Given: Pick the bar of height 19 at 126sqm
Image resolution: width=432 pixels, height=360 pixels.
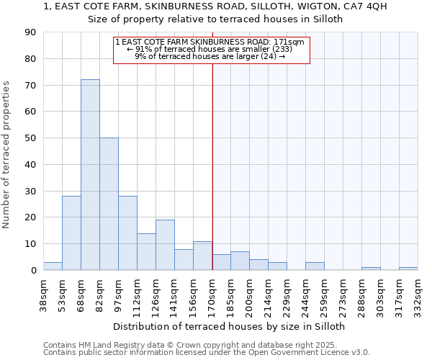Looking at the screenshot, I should coord(165,245).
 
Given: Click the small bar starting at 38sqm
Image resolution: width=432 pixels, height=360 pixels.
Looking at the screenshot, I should coord(53,266).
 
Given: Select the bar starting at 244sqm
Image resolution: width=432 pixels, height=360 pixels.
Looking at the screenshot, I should coord(315,266).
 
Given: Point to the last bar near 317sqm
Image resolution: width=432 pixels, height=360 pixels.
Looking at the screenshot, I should coord(408,269).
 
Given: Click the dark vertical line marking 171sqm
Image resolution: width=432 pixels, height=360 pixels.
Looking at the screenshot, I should coord(212,166).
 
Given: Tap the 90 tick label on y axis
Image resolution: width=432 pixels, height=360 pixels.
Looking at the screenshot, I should coord(30,32).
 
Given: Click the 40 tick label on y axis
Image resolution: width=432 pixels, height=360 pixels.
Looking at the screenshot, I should coord(30,165).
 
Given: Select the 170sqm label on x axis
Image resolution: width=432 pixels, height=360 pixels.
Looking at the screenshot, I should coord(212,294).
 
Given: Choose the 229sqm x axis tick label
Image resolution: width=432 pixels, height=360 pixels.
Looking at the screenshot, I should coord(287,294).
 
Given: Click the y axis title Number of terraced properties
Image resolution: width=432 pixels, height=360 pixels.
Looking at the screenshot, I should coord(6,155).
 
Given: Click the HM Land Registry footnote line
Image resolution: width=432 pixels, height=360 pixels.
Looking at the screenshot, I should coord(205,345).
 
